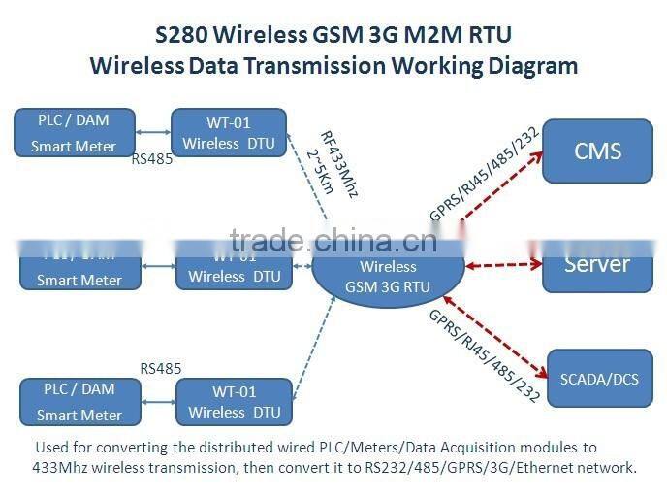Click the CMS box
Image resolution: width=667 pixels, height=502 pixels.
pyautogui.click(x=596, y=151)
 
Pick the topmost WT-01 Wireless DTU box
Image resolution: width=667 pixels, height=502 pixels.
pyautogui.click(x=229, y=133)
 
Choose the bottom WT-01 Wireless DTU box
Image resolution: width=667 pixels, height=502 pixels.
pyautogui.click(x=234, y=402)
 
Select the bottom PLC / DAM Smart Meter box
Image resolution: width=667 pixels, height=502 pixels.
pyautogui.click(x=79, y=402)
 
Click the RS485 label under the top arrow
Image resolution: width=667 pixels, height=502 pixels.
pyautogui.click(x=152, y=159)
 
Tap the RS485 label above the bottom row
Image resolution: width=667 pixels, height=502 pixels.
pyautogui.click(x=161, y=369)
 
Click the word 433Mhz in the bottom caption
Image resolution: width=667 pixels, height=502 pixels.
pyautogui.click(x=59, y=467)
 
